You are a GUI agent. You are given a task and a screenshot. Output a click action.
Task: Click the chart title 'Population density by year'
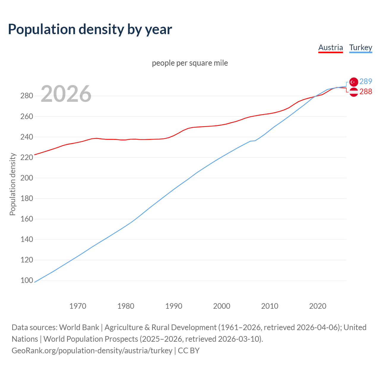click(x=90, y=29)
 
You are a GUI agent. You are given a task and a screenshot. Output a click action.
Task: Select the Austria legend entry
click(x=330, y=47)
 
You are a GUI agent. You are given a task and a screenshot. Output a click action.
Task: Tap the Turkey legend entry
click(x=360, y=47)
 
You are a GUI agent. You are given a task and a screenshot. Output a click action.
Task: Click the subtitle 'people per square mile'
click(x=190, y=63)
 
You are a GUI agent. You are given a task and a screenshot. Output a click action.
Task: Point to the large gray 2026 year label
click(x=66, y=94)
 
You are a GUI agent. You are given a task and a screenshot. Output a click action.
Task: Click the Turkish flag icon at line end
click(x=354, y=82)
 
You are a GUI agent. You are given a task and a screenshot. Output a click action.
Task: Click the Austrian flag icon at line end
click(x=354, y=92)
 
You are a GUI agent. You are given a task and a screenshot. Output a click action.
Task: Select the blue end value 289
click(x=366, y=81)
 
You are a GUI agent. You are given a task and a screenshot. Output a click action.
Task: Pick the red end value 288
click(x=366, y=92)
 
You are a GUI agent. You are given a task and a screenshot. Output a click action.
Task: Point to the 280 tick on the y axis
click(x=27, y=96)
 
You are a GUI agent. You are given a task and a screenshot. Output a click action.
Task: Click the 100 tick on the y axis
click(x=27, y=280)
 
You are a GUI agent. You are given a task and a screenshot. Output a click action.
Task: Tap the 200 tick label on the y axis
click(x=27, y=178)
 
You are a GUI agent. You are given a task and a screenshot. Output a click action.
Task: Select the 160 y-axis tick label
click(x=27, y=219)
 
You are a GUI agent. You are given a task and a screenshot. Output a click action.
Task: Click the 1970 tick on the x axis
click(x=78, y=306)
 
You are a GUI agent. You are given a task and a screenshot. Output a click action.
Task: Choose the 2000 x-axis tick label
click(x=221, y=306)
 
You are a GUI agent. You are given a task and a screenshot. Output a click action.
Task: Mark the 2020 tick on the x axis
click(x=318, y=306)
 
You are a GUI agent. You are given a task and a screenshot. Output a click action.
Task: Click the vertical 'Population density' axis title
click(x=12, y=184)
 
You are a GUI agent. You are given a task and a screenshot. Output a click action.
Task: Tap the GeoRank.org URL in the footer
click(x=92, y=351)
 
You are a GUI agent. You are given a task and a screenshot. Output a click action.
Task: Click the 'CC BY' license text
click(x=189, y=351)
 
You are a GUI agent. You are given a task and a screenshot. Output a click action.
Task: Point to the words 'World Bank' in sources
click(x=79, y=327)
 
